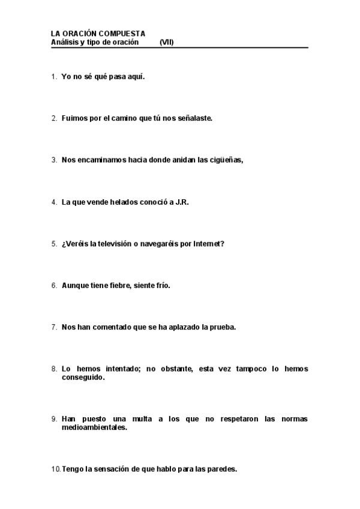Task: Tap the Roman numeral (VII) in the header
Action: [x=167, y=43]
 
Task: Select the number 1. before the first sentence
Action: [x=54, y=77]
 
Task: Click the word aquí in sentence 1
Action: [x=136, y=77]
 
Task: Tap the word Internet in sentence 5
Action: [x=208, y=244]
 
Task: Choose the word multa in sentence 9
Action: [x=137, y=419]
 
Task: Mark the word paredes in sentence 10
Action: [x=221, y=469]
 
